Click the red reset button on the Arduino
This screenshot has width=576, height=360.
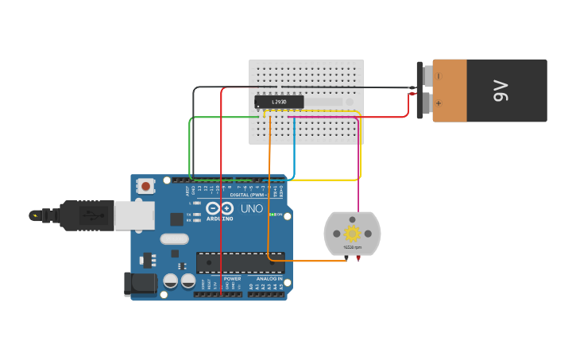click(146, 186)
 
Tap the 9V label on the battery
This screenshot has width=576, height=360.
click(501, 91)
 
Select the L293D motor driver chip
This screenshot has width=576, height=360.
click(279, 102)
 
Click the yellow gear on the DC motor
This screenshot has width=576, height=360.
click(352, 233)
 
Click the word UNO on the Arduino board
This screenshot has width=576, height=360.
click(251, 209)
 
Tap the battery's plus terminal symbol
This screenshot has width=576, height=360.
click(438, 103)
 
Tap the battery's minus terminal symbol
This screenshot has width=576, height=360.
click(438, 76)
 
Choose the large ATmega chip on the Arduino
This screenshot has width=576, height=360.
click(240, 262)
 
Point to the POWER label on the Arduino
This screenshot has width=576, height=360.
click(232, 279)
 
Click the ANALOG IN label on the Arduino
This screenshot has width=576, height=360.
click(269, 279)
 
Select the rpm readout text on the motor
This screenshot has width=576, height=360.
click(351, 248)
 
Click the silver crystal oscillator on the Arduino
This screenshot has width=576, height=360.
click(174, 238)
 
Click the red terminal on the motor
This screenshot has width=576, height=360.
click(358, 257)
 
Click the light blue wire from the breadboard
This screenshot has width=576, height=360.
click(295, 151)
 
